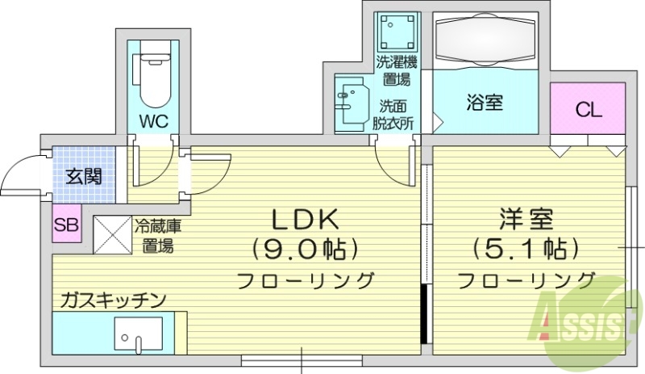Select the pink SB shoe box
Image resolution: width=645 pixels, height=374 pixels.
click(66, 225)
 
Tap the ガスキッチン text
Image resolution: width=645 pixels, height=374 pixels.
click(112, 300)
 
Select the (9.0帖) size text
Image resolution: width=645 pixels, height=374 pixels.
click(303, 249)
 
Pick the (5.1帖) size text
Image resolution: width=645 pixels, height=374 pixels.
click(526, 249)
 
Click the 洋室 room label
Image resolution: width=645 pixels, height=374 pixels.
click(526, 218)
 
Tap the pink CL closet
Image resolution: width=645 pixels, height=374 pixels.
click(589, 111)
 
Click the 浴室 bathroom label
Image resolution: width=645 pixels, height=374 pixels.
click(485, 103)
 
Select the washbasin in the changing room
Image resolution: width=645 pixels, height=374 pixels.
click(352, 103)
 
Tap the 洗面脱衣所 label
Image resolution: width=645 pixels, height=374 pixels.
click(393, 114)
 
